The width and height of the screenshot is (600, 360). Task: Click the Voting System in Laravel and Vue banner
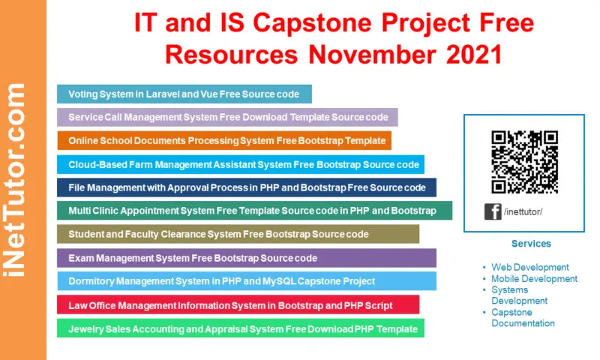pyautogui.click(x=184, y=94)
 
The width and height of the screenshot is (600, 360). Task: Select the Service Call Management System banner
pyautogui.click(x=227, y=117)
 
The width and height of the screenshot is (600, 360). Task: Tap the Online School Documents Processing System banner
pyautogui.click(x=223, y=140)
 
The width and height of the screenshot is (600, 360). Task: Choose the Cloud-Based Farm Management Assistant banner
pyautogui.click(x=240, y=164)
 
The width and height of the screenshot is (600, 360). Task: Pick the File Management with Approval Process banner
pyautogui.click(x=246, y=187)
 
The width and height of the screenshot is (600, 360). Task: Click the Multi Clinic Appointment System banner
pyautogui.click(x=254, y=211)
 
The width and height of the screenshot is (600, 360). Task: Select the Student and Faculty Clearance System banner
pyautogui.click(x=238, y=234)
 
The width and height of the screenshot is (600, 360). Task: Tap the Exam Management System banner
pyautogui.click(x=246, y=258)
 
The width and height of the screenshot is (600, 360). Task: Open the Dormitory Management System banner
pyautogui.click(x=246, y=281)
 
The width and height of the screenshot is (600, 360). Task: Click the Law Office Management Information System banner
pyautogui.click(x=238, y=304)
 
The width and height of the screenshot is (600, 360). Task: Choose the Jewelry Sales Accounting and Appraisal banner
pyautogui.click(x=240, y=328)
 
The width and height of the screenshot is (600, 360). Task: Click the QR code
pyautogui.click(x=524, y=162)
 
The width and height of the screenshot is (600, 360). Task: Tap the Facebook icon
pyautogui.click(x=493, y=212)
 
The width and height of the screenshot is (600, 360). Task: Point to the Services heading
pyautogui.click(x=531, y=244)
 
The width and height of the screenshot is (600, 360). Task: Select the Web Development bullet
pyautogui.click(x=529, y=267)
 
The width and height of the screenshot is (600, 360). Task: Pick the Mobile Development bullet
pyautogui.click(x=534, y=278)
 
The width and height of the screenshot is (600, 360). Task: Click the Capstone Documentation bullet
pyautogui.click(x=523, y=318)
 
